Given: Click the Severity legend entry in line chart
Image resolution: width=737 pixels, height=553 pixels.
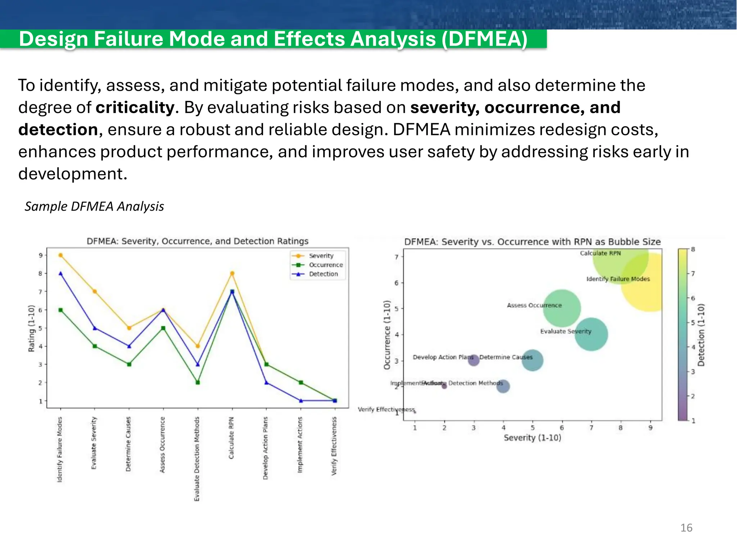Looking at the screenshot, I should tap(321, 256).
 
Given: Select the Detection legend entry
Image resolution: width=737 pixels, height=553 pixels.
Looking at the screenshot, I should tap(323, 274).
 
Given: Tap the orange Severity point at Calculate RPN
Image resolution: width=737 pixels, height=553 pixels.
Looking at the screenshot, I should tap(232, 273).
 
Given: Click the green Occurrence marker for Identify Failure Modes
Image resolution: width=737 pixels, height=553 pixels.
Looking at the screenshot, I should tap(60, 310).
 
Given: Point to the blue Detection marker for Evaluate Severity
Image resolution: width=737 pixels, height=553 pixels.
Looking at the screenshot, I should tap(95, 328).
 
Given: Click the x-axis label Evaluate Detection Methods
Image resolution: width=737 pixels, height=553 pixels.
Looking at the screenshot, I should tap(197, 459).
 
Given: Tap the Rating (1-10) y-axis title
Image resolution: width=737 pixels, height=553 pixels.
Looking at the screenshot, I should tap(31, 328).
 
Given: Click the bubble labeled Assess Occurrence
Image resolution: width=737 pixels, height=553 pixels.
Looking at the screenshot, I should tap(562, 308).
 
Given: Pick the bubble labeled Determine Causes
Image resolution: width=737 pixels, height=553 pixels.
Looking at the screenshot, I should tap(532, 360).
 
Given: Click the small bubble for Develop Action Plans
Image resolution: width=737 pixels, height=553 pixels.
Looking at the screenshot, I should tap(474, 360).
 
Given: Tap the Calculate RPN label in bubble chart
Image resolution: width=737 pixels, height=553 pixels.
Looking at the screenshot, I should tap(600, 253).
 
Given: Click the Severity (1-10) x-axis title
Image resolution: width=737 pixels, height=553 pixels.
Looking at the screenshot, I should tap(532, 438).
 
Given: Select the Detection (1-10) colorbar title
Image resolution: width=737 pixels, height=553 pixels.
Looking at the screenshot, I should tap(701, 335).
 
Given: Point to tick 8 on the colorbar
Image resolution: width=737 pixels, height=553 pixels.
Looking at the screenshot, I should tap(693, 249).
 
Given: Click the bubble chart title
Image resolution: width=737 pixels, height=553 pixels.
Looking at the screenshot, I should tap(532, 242).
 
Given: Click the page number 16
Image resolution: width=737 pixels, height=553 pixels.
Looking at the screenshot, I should tap(686, 528).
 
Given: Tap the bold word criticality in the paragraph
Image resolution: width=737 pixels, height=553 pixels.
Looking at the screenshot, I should tap(135, 107).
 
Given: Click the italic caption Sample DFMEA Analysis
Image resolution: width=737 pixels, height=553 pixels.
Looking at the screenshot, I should tap(94, 206).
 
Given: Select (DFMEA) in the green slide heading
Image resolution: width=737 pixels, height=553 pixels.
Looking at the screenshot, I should tap(484, 39).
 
